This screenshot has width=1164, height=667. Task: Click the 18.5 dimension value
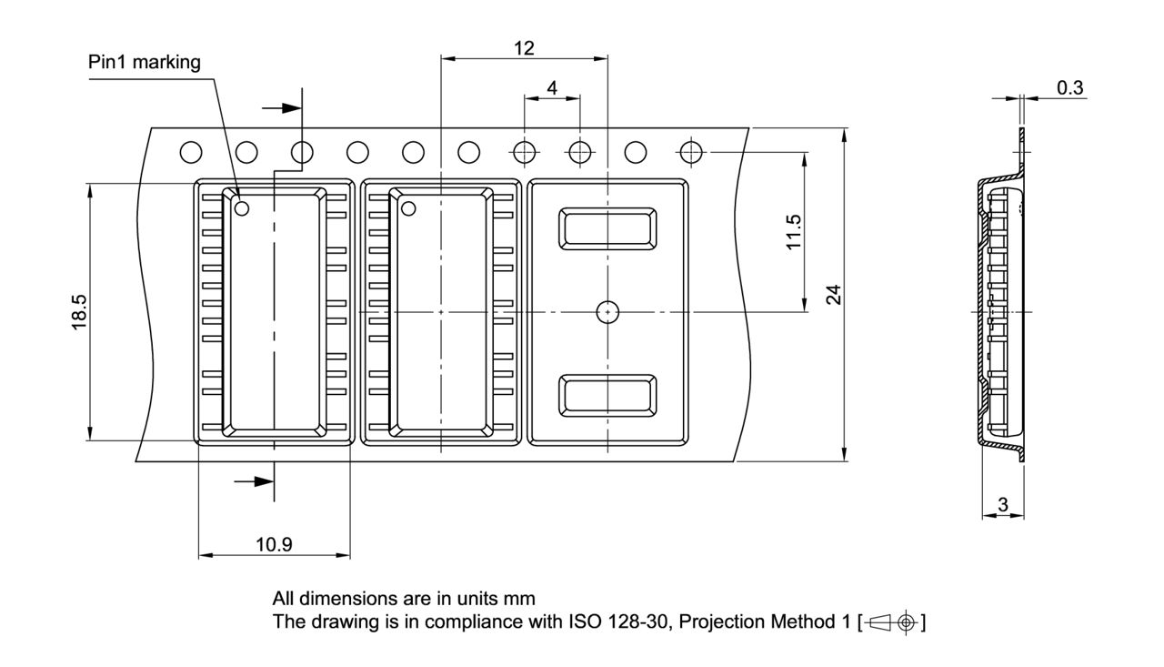tap(79, 312)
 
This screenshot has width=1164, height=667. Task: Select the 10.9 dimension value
tap(274, 544)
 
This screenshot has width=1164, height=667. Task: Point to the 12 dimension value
tap(524, 48)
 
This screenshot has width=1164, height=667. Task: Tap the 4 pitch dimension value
tap(552, 88)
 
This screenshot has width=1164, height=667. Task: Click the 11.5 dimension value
tap(794, 232)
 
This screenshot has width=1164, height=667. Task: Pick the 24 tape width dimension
tap(834, 294)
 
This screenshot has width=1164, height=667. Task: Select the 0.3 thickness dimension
tap(1070, 88)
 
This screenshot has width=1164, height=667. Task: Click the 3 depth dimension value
tap(1003, 504)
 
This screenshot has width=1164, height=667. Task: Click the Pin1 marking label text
tap(144, 62)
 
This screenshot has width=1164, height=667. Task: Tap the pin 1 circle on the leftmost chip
tap(242, 208)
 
